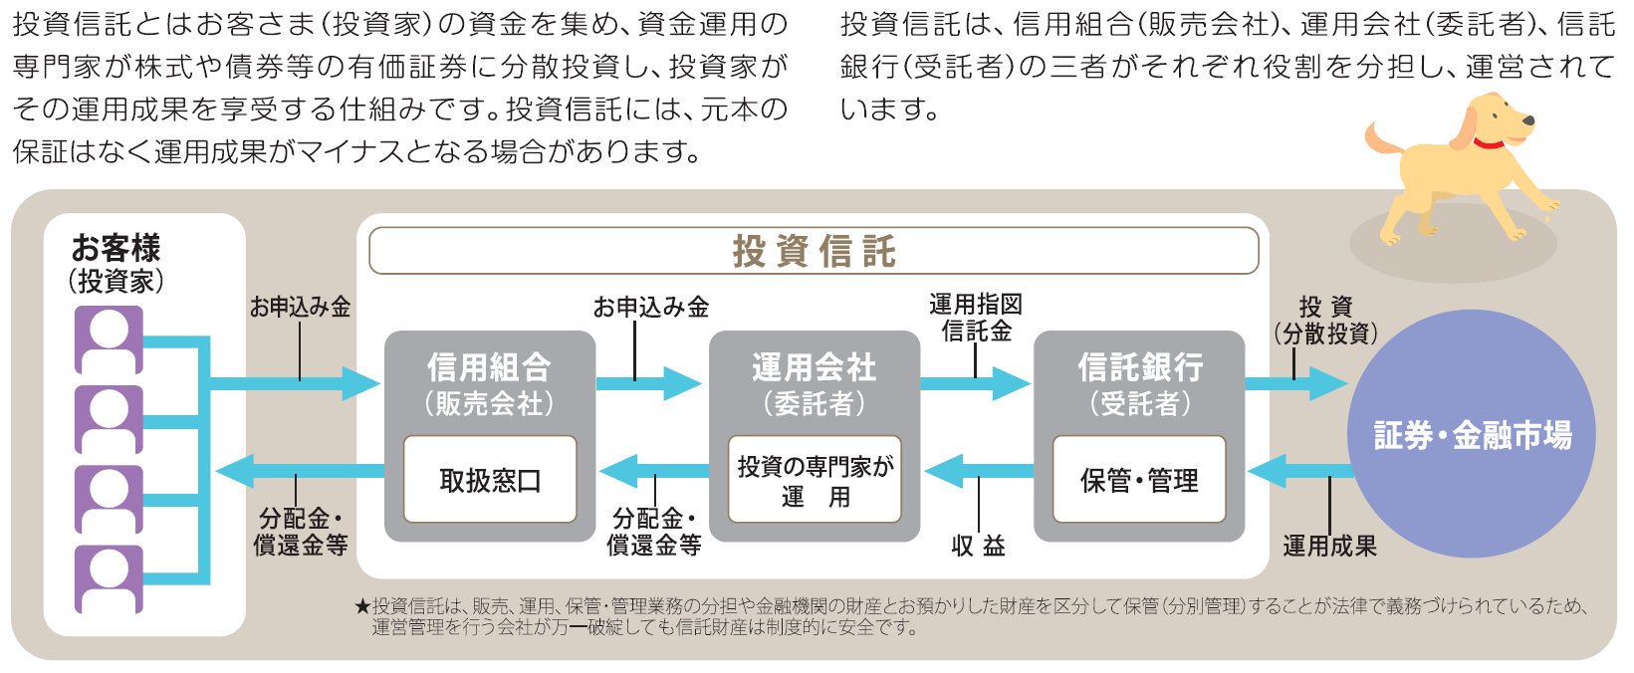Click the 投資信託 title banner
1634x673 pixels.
[814, 251]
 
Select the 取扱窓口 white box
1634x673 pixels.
[490, 480]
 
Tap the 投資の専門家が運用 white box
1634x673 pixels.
[815, 480]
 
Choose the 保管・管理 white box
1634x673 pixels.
[1139, 480]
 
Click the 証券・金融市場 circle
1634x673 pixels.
[1472, 434]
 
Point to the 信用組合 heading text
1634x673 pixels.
[489, 367]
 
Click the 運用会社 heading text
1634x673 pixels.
[814, 367]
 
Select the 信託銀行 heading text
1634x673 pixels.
[1139, 367]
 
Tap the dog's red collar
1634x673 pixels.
[1488, 143]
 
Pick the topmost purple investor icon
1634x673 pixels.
[110, 339]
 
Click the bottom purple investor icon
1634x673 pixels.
[110, 578]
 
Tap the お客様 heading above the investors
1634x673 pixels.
[116, 248]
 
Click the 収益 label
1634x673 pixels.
[978, 546]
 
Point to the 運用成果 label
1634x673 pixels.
[1329, 546]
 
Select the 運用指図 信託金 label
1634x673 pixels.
[976, 318]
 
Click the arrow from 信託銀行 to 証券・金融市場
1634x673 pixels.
[1294, 384]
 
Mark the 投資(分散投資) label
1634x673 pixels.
[1325, 321]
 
